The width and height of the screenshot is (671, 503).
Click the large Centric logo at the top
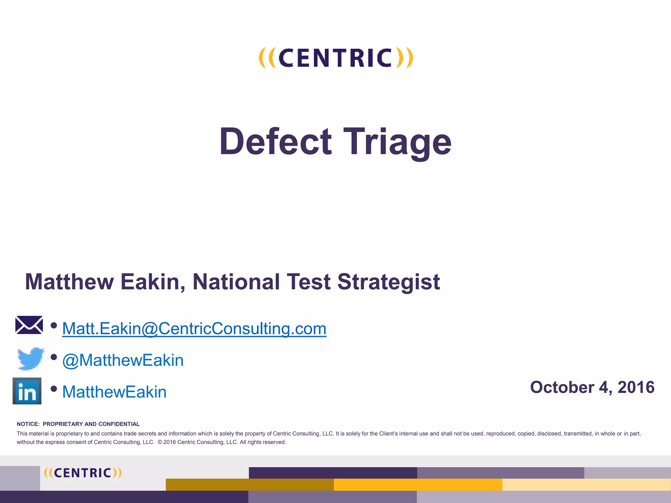click(336, 58)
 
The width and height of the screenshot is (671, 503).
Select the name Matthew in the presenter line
click(69, 282)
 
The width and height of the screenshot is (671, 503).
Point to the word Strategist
click(389, 282)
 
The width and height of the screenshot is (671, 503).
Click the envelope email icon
click(29, 325)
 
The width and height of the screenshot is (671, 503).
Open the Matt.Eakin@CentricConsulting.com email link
click(194, 328)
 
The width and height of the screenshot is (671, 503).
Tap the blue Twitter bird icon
click(30, 359)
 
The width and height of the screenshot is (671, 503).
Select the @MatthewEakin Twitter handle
click(123, 360)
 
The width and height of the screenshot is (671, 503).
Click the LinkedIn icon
click(27, 391)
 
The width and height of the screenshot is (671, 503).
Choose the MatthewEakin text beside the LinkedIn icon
click(114, 392)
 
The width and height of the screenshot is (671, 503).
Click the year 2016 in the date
click(636, 387)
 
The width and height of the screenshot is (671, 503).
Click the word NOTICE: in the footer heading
click(28, 424)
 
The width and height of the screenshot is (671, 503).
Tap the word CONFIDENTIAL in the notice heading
click(119, 424)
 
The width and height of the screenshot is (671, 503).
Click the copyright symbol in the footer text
click(160, 442)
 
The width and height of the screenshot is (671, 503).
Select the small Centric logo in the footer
click(83, 473)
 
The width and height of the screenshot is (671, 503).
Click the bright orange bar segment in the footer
click(418, 485)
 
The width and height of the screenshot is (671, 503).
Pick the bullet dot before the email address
click(54, 326)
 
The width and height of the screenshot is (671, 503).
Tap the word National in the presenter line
click(236, 282)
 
